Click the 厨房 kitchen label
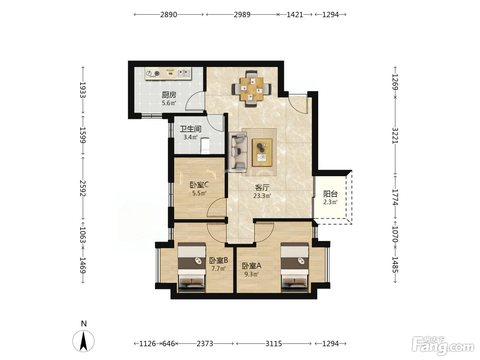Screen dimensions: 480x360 coord(169,95)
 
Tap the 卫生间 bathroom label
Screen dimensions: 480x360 coord(191,129)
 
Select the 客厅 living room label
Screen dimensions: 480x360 coord(262,188)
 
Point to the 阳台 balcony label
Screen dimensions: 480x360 coord(331,194)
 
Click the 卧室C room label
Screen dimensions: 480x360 coord(199,185)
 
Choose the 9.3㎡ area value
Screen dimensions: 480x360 coord(251,274)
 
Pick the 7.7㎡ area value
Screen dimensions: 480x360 coord(218,268)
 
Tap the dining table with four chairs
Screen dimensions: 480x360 coord(252,89)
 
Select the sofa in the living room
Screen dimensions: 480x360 coord(238,152)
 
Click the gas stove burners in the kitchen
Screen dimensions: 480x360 coord(153,74)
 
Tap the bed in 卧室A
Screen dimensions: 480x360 coord(295,267)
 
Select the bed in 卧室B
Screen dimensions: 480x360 coord(192,267)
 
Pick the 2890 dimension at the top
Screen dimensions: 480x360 coord(168,15)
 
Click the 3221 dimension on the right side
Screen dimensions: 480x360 coord(395,135)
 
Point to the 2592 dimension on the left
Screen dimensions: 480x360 coord(83,188)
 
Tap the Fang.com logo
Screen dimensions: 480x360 coord(443,346)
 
